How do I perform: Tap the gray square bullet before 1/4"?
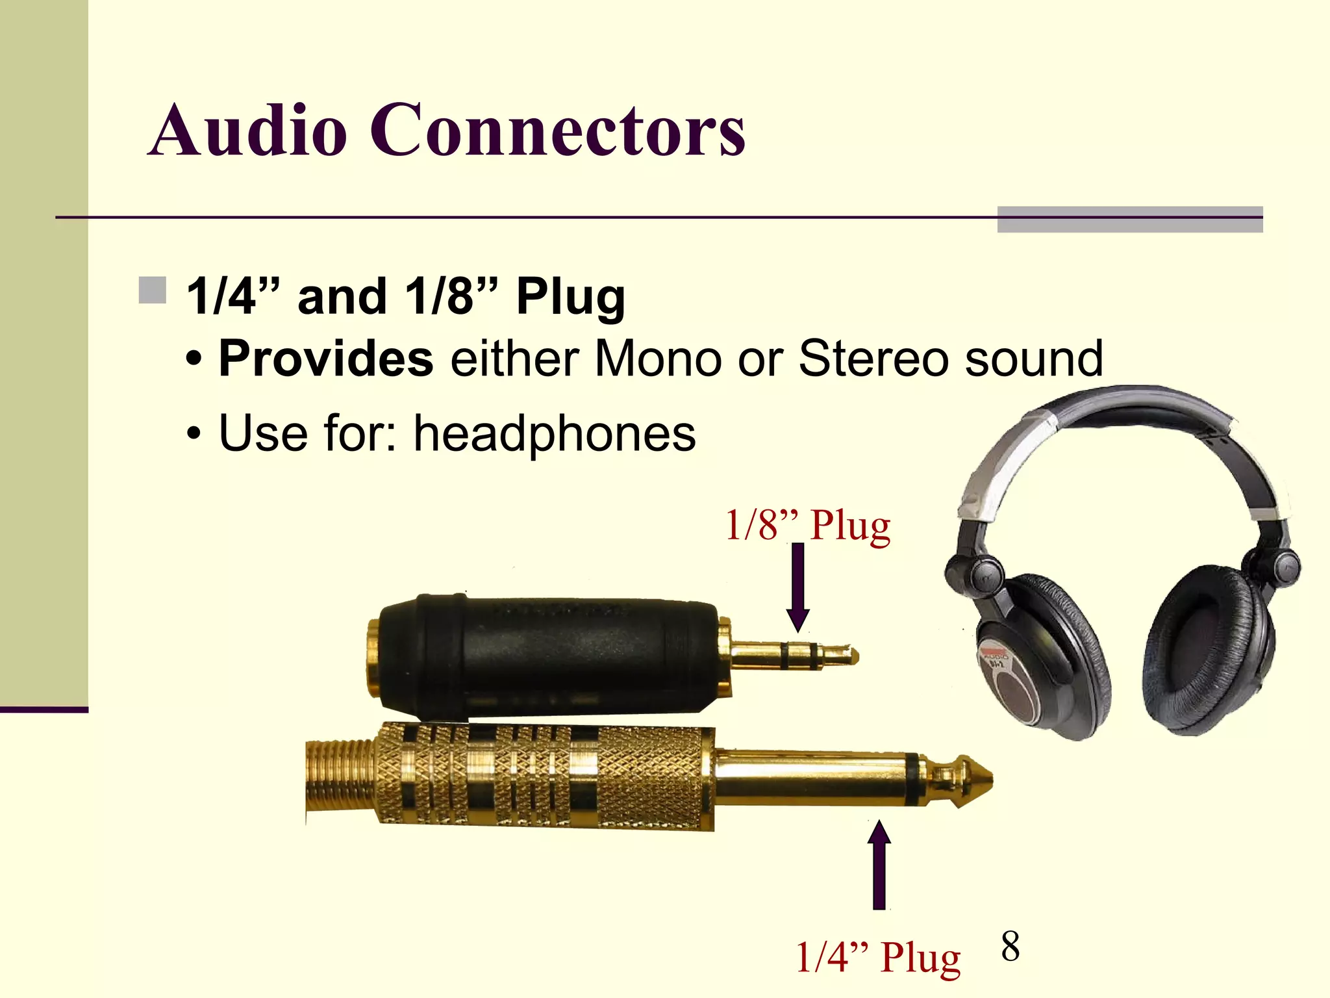pyautogui.click(x=153, y=290)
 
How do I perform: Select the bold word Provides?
pyautogui.click(x=326, y=359)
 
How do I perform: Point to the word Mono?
pyautogui.click(x=657, y=359)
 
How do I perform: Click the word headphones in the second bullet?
pyautogui.click(x=555, y=433)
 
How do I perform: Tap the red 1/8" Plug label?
pyautogui.click(x=807, y=525)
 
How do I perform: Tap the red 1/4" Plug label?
pyautogui.click(x=877, y=957)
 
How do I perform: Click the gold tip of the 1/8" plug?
pyautogui.click(x=844, y=655)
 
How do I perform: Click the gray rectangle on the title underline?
pyautogui.click(x=1130, y=219)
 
